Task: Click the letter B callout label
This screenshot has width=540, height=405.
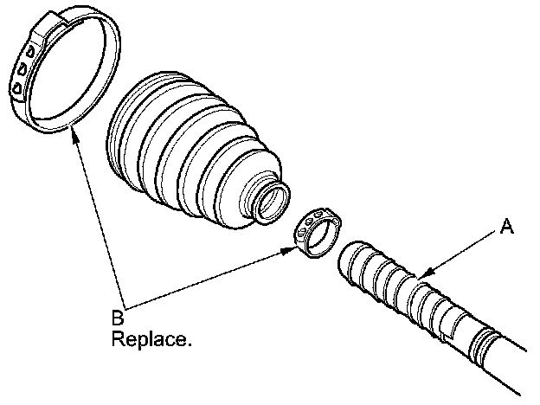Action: point(119,318)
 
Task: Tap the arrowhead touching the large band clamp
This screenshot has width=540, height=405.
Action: point(76,136)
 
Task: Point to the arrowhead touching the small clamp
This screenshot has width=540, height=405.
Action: point(292,250)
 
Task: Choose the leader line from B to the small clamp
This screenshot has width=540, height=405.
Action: point(208,279)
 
